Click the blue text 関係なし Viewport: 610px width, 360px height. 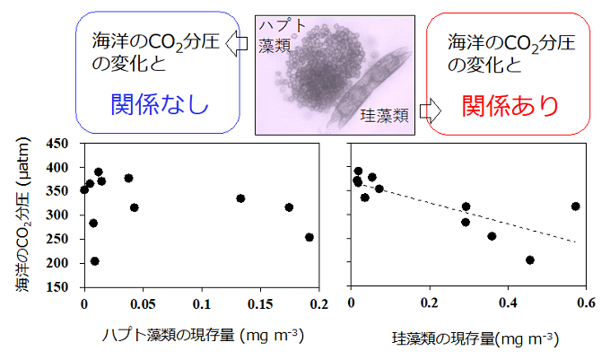[x=160, y=105]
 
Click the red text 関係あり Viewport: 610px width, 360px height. [x=510, y=106]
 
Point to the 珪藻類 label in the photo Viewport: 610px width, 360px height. [x=386, y=116]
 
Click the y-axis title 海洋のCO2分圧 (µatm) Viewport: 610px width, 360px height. [x=23, y=215]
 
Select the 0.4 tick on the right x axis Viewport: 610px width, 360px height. [x=507, y=303]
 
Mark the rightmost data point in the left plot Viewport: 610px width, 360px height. [x=309, y=237]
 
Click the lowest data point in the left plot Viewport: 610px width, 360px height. [x=95, y=261]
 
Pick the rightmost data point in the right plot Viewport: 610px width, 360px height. [x=575, y=206]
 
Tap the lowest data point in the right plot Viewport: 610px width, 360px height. [x=530, y=260]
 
